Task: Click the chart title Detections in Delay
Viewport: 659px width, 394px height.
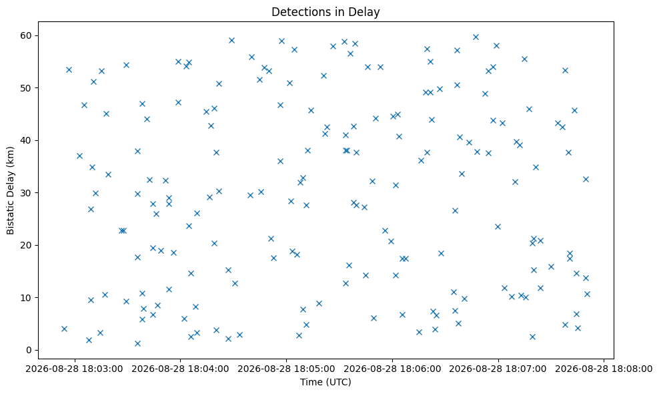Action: tap(325, 12)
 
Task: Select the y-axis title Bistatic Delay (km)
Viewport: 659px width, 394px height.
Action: tap(11, 190)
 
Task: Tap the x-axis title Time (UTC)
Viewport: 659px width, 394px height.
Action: tap(325, 382)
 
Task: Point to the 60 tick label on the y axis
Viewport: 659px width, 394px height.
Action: tap(27, 35)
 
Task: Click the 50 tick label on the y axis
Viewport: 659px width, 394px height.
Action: tap(27, 88)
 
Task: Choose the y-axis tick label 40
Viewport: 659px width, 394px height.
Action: tap(27, 140)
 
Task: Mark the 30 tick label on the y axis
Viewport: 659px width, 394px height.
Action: tap(27, 193)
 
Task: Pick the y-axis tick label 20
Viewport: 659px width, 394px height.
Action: tap(27, 245)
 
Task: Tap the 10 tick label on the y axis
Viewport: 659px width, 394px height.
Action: tap(27, 298)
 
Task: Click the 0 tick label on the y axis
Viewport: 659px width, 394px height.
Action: tap(29, 350)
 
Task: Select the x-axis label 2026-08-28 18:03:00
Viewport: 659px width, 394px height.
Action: tap(75, 369)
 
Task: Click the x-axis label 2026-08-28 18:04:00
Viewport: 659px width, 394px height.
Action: tap(181, 369)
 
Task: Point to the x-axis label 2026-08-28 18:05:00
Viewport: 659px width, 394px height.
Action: tap(287, 369)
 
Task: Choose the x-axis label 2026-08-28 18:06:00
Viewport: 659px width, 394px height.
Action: tap(393, 369)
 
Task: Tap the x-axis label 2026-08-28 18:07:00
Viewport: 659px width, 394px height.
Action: tap(498, 369)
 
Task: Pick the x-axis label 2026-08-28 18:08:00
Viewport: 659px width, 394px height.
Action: tap(604, 369)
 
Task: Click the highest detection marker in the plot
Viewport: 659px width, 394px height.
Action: tap(476, 37)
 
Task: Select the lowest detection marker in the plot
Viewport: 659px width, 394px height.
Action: tap(137, 343)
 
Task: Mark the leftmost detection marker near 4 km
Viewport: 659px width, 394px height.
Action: tap(64, 329)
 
